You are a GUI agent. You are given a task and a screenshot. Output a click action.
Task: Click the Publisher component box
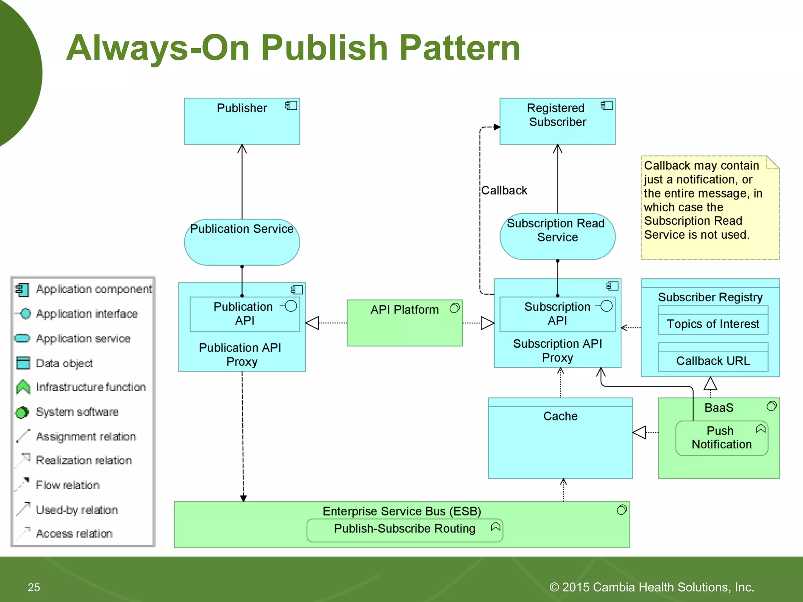242,121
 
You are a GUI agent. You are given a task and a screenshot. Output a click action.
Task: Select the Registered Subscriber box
557,121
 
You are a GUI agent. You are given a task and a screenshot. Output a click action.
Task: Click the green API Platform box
404,323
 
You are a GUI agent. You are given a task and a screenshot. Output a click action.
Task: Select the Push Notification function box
721,438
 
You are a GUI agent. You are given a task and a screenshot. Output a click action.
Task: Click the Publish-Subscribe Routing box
405,529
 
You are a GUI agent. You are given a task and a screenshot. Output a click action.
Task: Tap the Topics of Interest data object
713,324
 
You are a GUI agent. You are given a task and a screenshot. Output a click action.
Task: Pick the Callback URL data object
713,361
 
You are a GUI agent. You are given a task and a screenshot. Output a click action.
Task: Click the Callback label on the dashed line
504,190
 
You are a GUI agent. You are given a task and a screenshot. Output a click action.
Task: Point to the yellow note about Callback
710,208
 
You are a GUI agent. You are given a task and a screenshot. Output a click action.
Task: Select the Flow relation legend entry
67,485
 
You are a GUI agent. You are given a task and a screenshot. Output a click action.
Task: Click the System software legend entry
77,412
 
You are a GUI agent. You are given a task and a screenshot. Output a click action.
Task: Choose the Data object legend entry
64,363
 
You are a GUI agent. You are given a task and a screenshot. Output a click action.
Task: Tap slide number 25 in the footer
34,587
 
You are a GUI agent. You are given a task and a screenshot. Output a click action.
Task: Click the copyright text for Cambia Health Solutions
652,587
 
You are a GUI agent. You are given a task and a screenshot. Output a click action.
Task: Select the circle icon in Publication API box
291,306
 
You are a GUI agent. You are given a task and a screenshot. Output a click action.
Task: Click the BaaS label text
719,408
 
